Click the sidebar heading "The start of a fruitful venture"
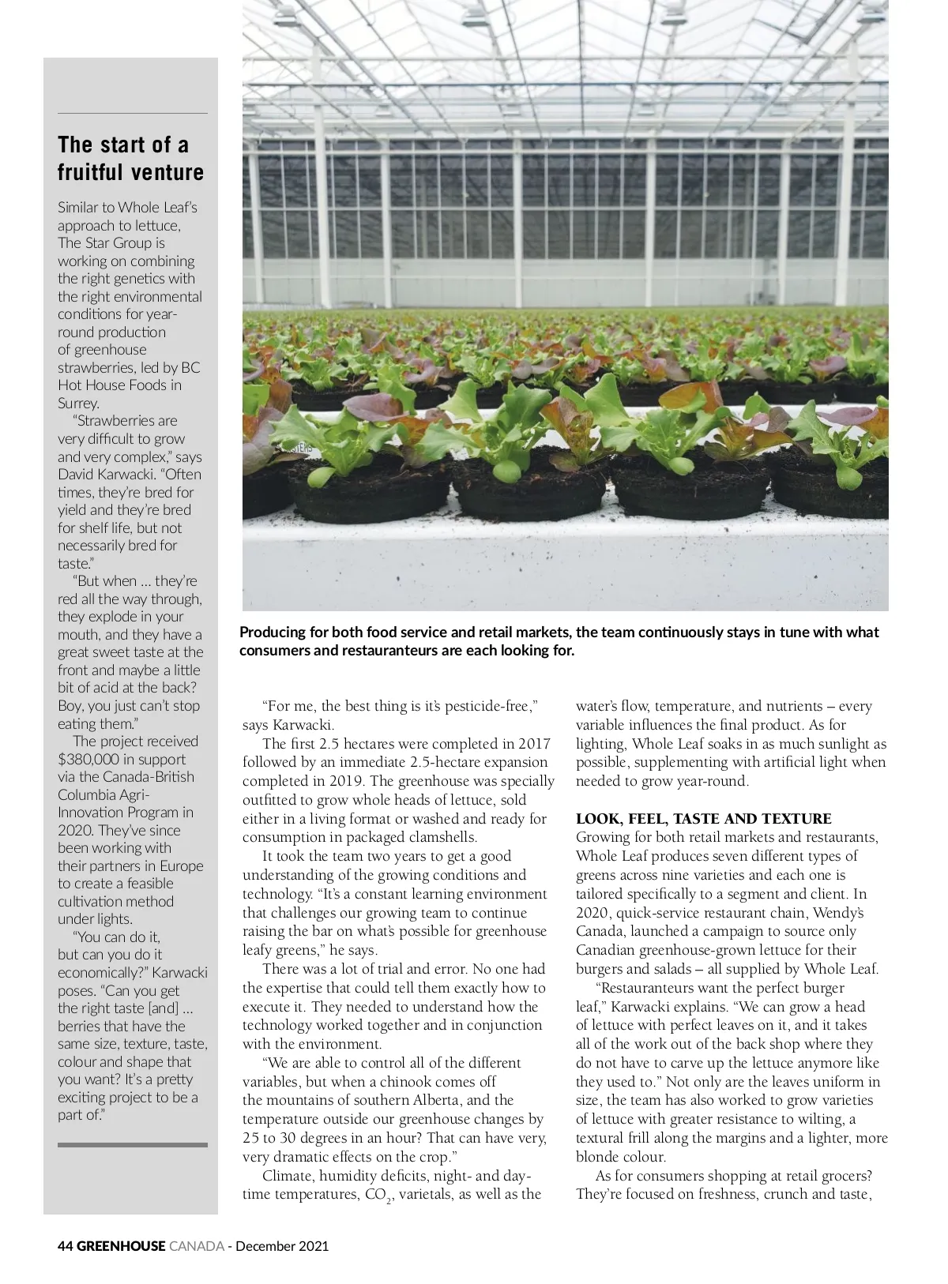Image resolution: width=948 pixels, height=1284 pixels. click(130, 159)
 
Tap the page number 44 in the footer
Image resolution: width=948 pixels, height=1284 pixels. click(66, 1246)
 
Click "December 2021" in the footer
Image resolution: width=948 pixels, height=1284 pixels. click(282, 1246)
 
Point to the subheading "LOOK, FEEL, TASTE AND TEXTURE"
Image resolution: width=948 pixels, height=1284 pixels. click(703, 818)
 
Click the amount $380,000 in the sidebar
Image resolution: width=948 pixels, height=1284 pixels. click(89, 759)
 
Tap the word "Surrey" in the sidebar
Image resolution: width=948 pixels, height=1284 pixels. click(77, 403)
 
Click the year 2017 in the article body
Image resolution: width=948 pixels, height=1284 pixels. click(534, 743)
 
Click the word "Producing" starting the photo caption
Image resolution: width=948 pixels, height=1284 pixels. click(273, 633)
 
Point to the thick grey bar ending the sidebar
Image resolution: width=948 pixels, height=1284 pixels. click(133, 1144)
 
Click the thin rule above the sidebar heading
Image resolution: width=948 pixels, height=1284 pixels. click(133, 114)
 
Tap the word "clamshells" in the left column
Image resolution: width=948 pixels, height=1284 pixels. click(437, 837)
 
